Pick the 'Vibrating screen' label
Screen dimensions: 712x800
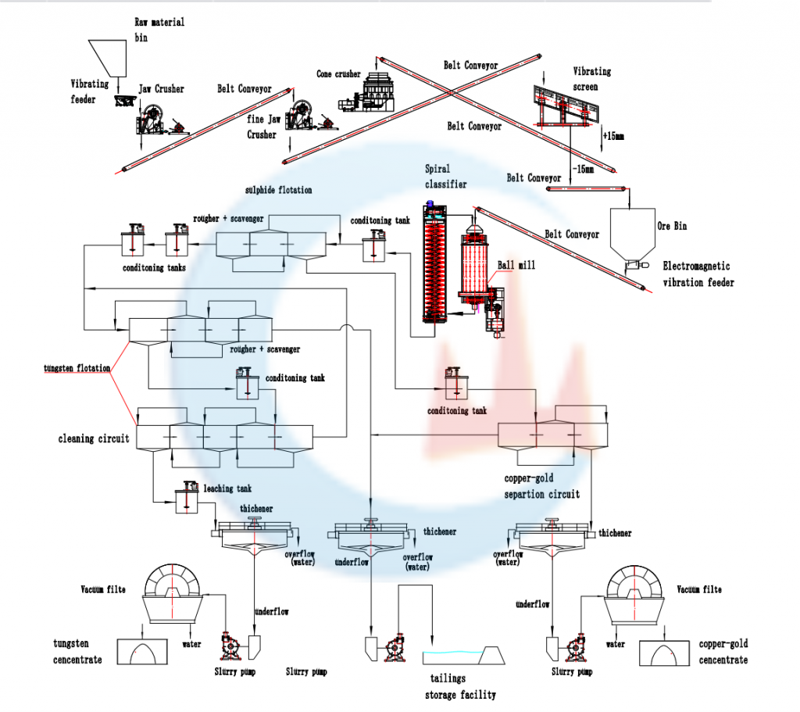(592, 78)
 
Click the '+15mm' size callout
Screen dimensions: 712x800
(612, 135)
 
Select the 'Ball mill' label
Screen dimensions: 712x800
(511, 264)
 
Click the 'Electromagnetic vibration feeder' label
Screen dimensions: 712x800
(698, 274)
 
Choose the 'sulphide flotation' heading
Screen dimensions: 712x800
(278, 190)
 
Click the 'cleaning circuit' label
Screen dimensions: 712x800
(94, 438)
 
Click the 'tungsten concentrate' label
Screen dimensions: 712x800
(77, 652)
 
